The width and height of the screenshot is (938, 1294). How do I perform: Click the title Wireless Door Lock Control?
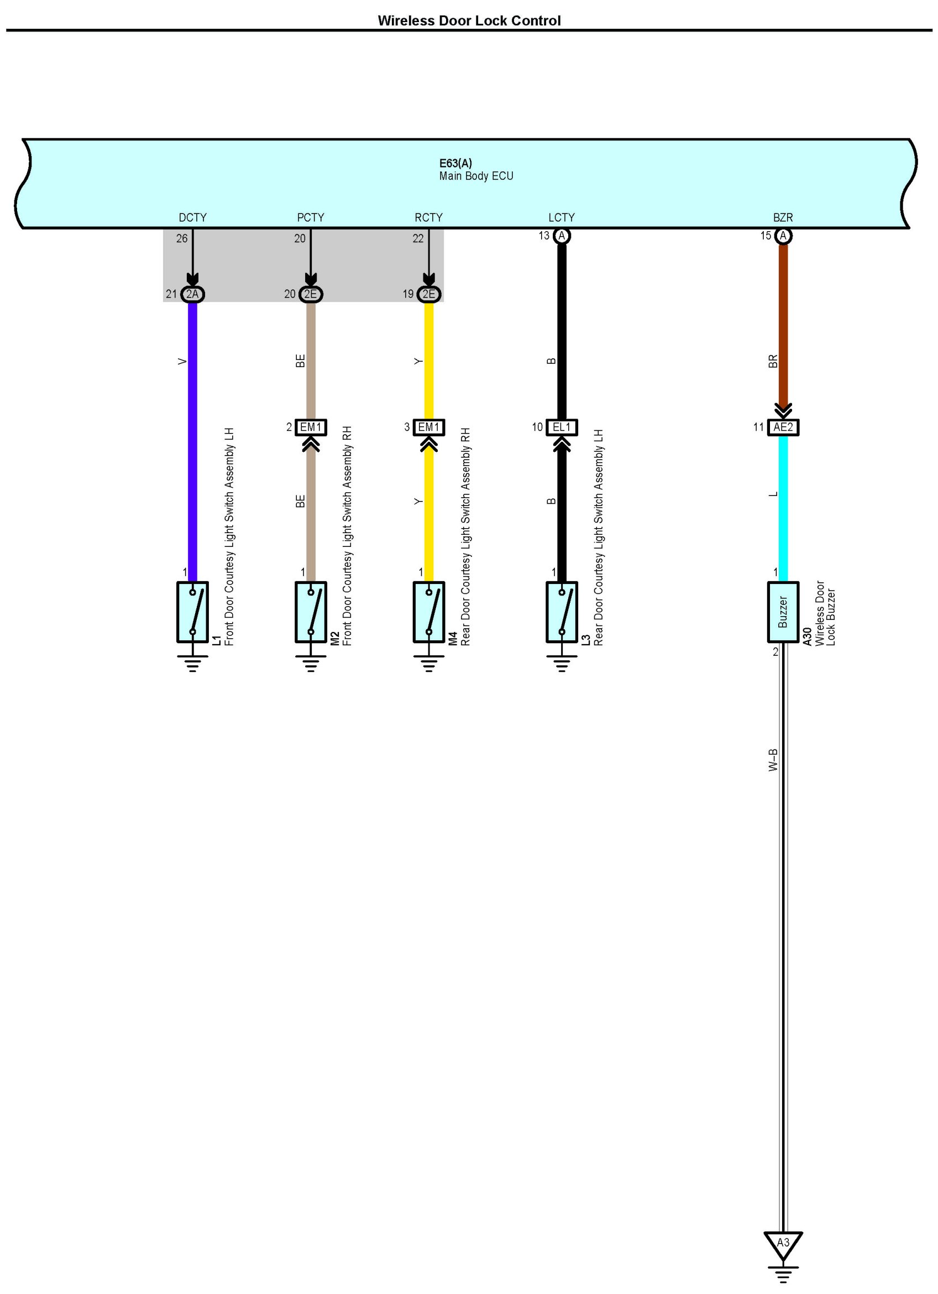coord(469,20)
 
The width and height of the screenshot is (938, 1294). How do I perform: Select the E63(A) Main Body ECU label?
coord(475,169)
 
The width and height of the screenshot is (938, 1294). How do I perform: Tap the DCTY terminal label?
coord(192,217)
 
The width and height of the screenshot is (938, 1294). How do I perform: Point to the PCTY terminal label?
coord(310,217)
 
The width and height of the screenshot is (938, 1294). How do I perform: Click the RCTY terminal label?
coord(428,217)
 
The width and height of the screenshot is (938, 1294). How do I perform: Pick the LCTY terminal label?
coord(561,217)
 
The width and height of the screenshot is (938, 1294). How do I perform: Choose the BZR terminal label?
coord(782,217)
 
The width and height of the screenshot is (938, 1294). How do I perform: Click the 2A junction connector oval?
coord(192,294)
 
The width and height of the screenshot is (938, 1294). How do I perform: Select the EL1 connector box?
coord(561,427)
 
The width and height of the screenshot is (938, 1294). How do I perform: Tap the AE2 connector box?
coord(782,427)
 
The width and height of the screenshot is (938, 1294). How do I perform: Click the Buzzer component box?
coord(782,612)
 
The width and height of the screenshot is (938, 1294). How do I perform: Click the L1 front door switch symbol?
coord(192,612)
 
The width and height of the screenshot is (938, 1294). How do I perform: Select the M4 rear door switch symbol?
coord(428,612)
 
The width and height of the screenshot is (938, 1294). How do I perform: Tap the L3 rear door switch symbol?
coord(561,612)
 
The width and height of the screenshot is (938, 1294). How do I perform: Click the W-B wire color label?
coord(773,760)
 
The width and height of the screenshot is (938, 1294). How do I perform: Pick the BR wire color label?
coord(773,361)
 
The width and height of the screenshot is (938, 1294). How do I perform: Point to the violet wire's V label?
coord(182,361)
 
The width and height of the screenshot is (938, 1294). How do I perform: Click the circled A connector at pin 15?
coord(782,236)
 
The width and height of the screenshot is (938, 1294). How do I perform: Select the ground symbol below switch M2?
coord(310,664)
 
